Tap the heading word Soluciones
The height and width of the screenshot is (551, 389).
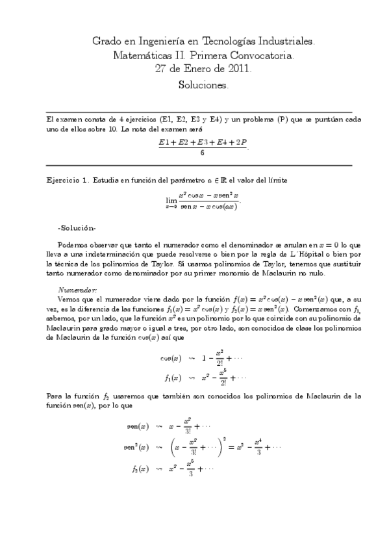203,85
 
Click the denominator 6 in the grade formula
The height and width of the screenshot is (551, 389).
203,153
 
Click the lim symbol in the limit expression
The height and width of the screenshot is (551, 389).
171,201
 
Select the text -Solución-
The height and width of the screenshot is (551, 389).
77,228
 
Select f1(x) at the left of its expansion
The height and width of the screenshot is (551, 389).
173,376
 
